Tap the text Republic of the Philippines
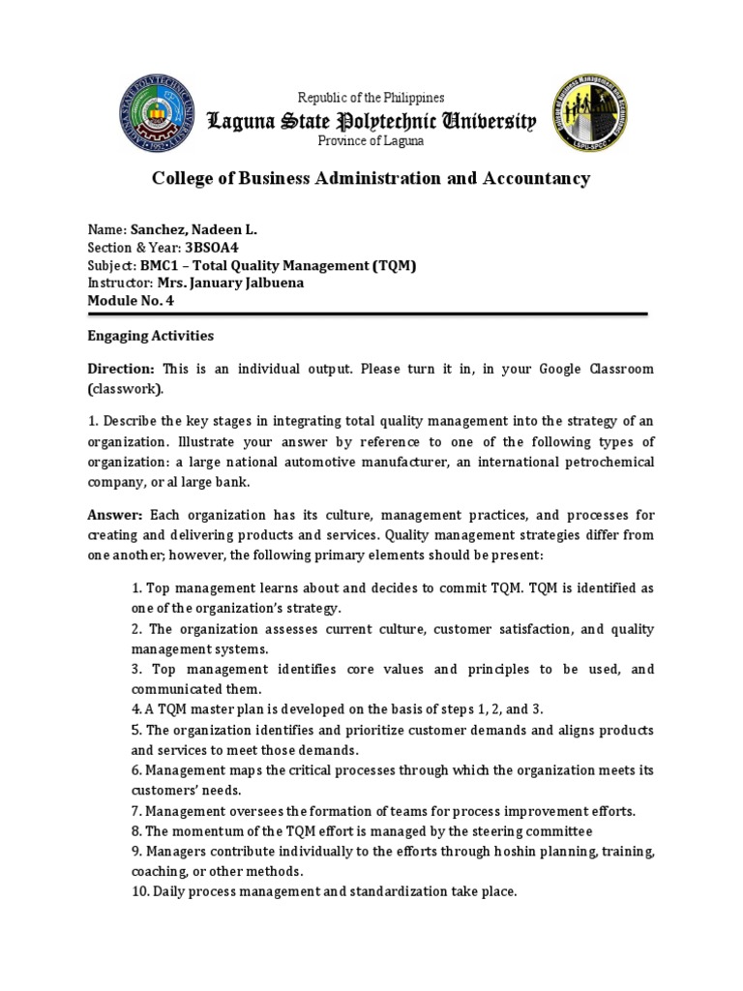[x=371, y=98]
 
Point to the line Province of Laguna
[x=371, y=141]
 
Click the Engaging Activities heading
[x=151, y=336]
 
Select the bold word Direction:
[x=121, y=370]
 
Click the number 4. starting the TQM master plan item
[x=136, y=709]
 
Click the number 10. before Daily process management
[x=140, y=892]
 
